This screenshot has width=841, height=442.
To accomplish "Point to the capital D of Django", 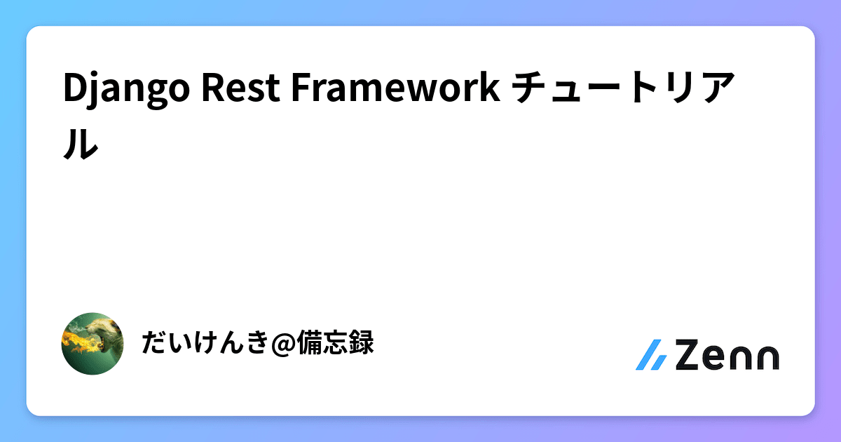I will (73, 89).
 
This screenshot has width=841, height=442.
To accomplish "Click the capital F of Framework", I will (296, 89).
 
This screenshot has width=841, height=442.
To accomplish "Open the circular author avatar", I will (93, 344).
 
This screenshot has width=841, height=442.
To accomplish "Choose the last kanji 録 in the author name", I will (362, 344).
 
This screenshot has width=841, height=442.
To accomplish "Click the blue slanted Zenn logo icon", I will (651, 356).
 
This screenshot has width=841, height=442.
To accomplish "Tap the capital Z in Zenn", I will (690, 356).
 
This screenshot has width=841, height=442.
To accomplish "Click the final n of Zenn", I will (767, 358).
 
